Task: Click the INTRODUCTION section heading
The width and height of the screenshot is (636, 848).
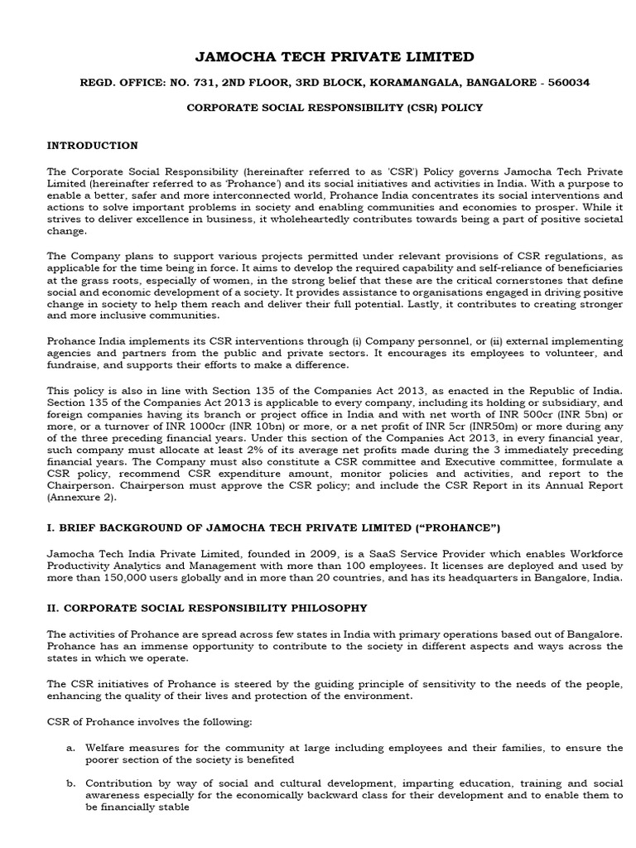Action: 92,146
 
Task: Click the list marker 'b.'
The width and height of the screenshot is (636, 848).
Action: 71,782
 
